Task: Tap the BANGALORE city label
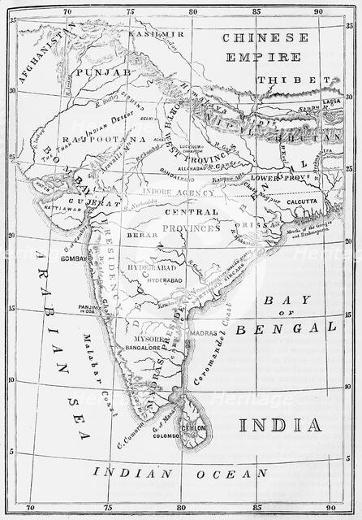pyautogui.click(x=140, y=348)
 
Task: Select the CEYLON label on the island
pyautogui.click(x=193, y=427)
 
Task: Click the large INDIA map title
pyautogui.click(x=279, y=425)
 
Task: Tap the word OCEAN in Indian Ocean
pyautogui.click(x=228, y=473)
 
